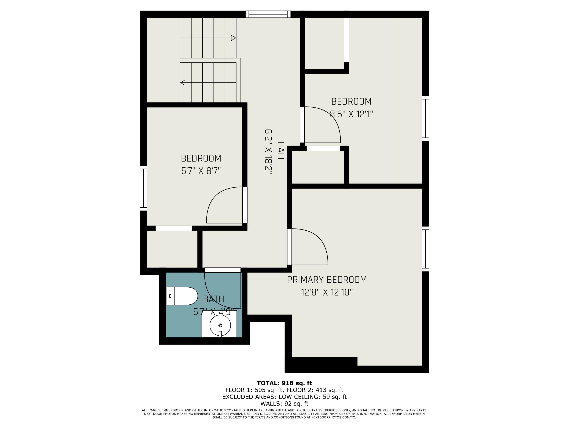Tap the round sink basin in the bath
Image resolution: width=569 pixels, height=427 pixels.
[220, 325]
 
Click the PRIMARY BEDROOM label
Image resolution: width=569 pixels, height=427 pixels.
[327, 280]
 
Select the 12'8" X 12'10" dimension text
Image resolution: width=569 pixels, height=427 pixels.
[327, 292]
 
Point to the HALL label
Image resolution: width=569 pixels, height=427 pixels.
[281, 152]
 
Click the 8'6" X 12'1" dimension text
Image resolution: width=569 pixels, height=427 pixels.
[351, 114]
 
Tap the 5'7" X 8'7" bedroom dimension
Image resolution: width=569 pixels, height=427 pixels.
[201, 171]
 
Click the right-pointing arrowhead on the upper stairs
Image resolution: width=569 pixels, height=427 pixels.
[233, 38]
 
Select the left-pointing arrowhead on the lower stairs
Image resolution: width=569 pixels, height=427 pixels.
[183, 83]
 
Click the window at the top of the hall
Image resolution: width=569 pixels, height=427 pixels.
[268, 14]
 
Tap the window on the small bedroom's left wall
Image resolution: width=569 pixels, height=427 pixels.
[143, 188]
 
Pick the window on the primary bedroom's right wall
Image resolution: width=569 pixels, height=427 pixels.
[425, 249]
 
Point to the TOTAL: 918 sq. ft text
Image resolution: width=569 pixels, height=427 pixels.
[284, 383]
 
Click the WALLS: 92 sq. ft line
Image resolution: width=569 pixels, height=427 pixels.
[284, 404]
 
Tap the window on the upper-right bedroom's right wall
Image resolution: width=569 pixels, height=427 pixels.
[425, 118]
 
